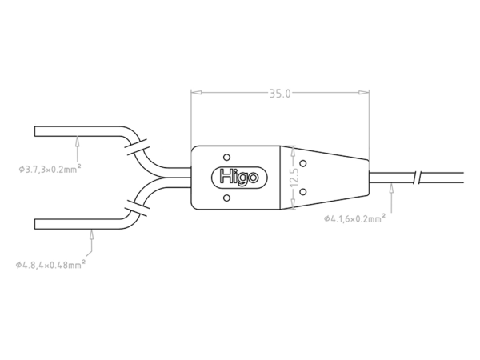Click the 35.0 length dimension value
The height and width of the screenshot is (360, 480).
[x=279, y=94]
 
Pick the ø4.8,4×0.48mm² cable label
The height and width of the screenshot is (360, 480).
[x=51, y=264]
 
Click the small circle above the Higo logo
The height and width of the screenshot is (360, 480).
[x=226, y=156]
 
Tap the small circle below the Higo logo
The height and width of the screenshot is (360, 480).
[x=226, y=198]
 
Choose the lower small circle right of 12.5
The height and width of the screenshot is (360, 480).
[x=302, y=189]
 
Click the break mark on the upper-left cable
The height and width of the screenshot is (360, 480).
[x=136, y=146]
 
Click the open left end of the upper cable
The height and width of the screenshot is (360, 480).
[x=35, y=130]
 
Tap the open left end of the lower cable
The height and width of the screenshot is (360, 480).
[x=35, y=223]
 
